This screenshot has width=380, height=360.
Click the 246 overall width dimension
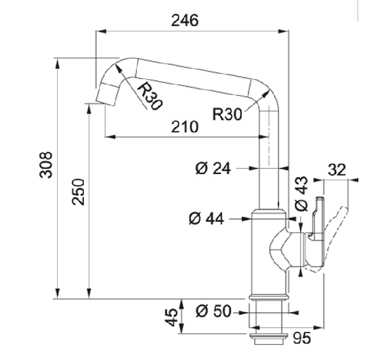[x=185, y=20]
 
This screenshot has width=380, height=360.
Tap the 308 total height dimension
[x=46, y=165]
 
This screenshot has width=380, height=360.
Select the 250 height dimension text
[x=79, y=192]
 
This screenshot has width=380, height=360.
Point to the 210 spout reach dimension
[x=185, y=127]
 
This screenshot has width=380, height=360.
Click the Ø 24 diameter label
[x=213, y=168]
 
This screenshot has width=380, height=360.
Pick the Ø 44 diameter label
[x=206, y=219]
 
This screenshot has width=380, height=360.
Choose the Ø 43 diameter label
[x=301, y=194]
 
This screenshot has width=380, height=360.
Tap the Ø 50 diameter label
[x=214, y=311]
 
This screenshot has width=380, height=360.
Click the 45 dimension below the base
[x=172, y=317]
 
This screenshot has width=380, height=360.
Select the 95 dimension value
[x=302, y=338]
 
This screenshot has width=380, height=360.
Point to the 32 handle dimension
[x=337, y=170]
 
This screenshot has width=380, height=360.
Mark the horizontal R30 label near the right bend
[x=227, y=115]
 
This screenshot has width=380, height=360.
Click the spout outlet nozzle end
[x=107, y=94]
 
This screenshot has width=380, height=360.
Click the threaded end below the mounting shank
[x=269, y=339]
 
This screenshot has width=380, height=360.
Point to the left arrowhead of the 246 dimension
[x=102, y=31]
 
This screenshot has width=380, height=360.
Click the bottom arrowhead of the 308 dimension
[x=58, y=294]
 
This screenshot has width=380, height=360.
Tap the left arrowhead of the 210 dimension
[x=111, y=137]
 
